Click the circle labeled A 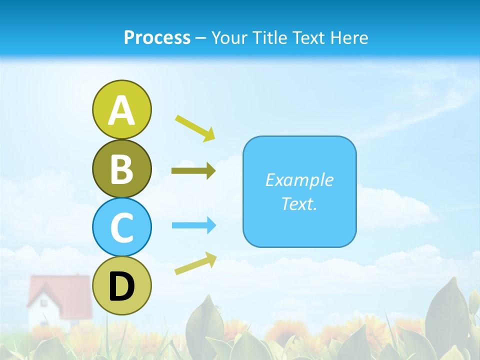pos(121,109)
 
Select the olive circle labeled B pos(121,168)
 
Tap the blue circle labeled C pos(121,227)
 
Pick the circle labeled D pos(121,285)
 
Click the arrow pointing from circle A pos(195,127)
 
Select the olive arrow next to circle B pos(193,171)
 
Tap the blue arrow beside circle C pos(194,225)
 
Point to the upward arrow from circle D pos(195,263)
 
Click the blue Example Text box pos(299,191)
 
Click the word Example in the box pos(299,180)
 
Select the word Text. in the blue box pos(299,203)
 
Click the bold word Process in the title pos(157,37)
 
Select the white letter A pos(121,111)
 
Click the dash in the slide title pos(201,38)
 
